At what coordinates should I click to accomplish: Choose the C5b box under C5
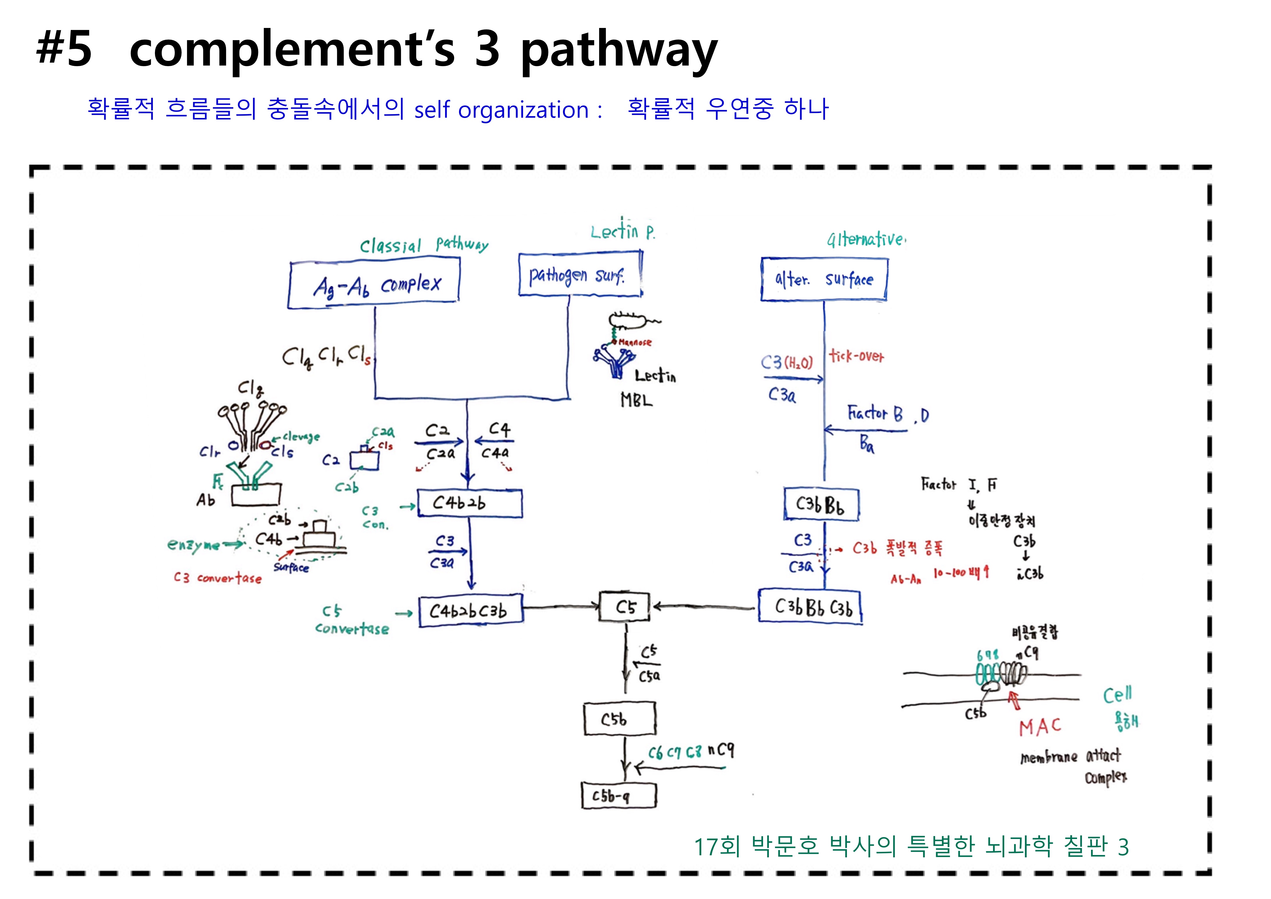tap(619, 719)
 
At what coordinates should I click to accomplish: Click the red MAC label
tap(1040, 727)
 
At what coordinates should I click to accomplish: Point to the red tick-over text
tap(856, 356)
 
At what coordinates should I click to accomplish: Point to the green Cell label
tap(1117, 695)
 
